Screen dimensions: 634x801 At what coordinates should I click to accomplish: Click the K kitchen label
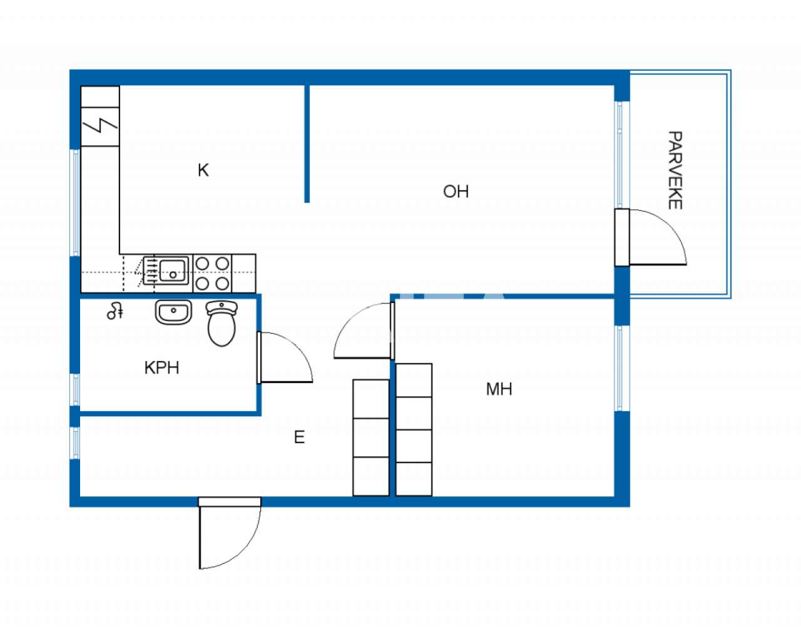[x=203, y=170]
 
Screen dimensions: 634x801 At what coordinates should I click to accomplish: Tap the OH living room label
[x=456, y=192]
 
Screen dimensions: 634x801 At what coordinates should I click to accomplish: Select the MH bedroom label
[x=499, y=389]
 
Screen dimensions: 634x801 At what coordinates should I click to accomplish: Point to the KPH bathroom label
[x=161, y=367]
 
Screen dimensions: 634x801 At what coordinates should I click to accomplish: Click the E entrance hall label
[x=299, y=437]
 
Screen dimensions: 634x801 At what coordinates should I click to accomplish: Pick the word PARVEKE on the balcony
[x=675, y=170]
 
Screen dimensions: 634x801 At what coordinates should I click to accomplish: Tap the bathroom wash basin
[x=173, y=312]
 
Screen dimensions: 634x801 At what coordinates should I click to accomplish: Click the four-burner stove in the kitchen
[x=212, y=274]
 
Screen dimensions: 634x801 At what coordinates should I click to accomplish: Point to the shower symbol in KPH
[x=115, y=310]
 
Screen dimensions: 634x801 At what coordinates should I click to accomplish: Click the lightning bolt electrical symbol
[x=100, y=126]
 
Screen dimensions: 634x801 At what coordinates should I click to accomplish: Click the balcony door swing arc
[x=663, y=237]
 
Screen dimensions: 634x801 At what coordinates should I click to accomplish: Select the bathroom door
[x=285, y=357]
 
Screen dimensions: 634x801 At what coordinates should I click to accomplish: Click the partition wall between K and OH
[x=307, y=144]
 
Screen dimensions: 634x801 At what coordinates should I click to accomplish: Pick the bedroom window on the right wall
[x=620, y=368]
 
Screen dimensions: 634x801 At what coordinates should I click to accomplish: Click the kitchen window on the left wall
[x=75, y=202]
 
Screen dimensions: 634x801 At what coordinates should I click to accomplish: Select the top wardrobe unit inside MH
[x=414, y=380]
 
